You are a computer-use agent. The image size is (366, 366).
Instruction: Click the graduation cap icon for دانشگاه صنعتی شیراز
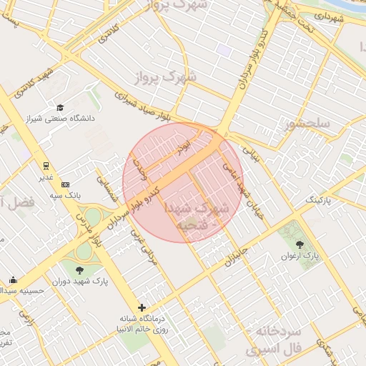61,107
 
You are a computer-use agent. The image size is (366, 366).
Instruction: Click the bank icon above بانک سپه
66,184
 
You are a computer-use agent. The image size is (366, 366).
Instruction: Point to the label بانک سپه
65,194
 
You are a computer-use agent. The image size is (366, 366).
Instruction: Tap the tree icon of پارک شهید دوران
79,269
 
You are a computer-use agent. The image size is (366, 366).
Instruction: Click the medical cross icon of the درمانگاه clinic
142,307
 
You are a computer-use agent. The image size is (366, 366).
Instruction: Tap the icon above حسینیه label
13,280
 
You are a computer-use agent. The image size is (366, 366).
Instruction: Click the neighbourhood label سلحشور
307,126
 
